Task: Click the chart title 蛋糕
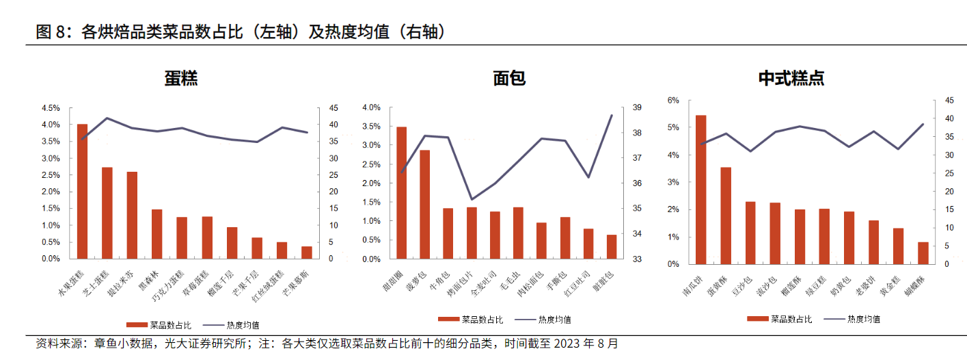(x=181, y=78)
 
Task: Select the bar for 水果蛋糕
(x=82, y=192)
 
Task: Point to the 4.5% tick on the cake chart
(x=51, y=108)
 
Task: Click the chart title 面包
(x=509, y=78)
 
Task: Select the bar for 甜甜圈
(x=402, y=193)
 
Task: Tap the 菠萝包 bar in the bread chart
(x=425, y=205)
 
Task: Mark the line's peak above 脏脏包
(x=611, y=115)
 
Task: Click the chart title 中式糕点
(x=791, y=78)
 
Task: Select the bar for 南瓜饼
(x=700, y=190)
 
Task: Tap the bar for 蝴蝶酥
(x=923, y=253)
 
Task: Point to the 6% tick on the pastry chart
(x=673, y=101)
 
